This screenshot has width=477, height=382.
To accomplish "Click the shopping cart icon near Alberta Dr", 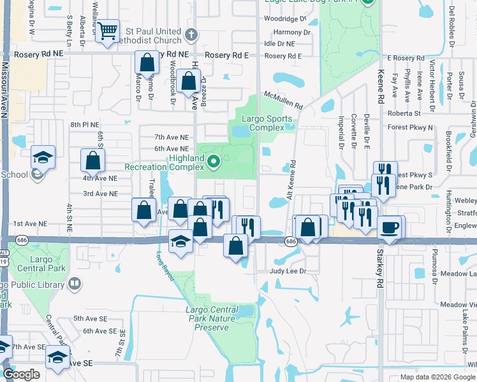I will (x=108, y=30).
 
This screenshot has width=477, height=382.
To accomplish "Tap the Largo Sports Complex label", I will (x=267, y=123).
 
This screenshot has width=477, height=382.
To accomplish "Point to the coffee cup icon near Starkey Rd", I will (x=389, y=227).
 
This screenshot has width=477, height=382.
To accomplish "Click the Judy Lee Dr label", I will (x=288, y=271).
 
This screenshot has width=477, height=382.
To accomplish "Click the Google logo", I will (x=21, y=374).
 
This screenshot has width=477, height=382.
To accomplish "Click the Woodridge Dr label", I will (x=289, y=19).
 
